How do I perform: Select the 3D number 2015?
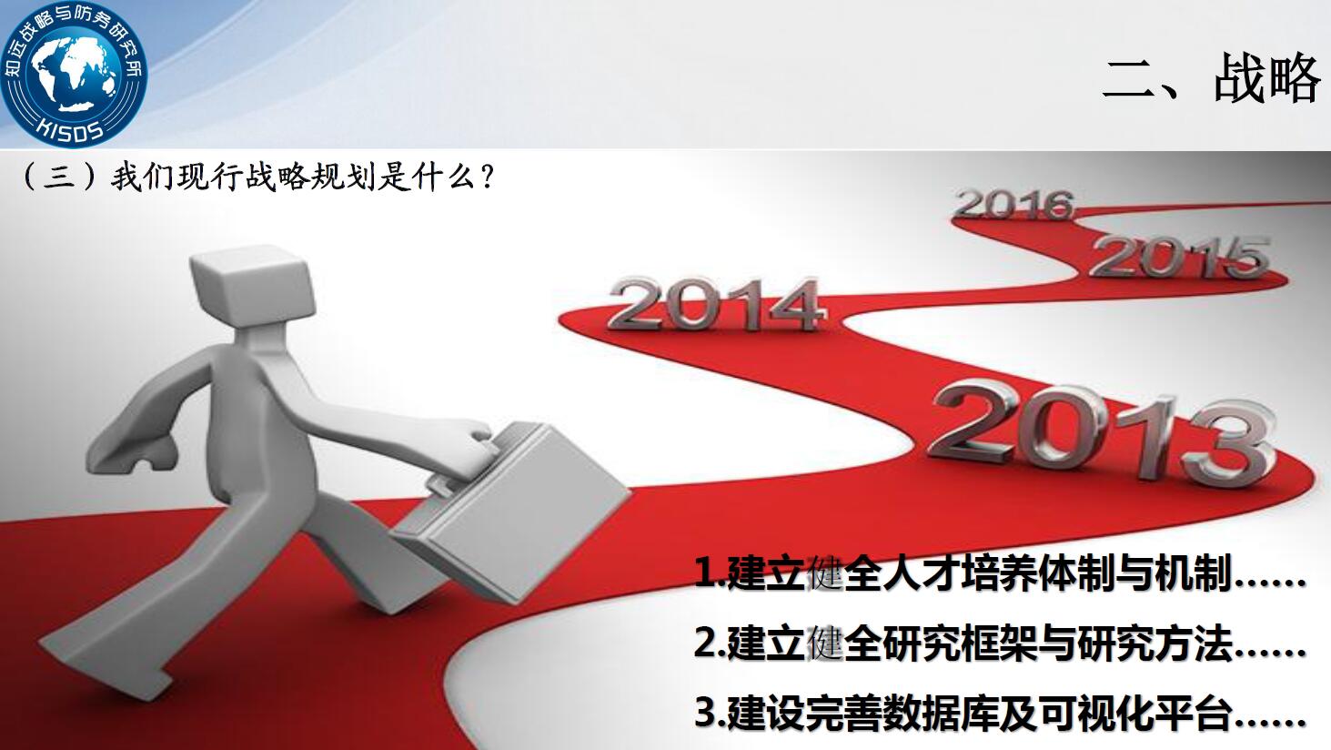pyautogui.click(x=1179, y=257)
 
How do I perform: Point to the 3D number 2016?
pyautogui.click(x=1015, y=205)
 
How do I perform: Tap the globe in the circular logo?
pyautogui.click(x=74, y=74)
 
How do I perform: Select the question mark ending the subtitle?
pyautogui.click(x=488, y=177)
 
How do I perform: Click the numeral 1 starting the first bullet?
pyautogui.click(x=705, y=573)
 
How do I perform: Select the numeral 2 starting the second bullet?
pyautogui.click(x=706, y=644)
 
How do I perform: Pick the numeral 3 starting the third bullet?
pyautogui.click(x=706, y=714)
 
